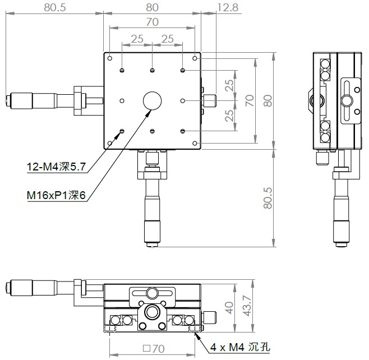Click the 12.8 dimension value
click(x=228, y=7)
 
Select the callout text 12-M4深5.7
click(x=56, y=167)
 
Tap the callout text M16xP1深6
click(x=56, y=195)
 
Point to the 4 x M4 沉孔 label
click(x=240, y=347)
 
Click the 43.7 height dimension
click(x=247, y=306)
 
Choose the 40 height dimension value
click(x=229, y=308)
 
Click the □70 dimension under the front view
click(x=154, y=349)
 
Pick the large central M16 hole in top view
click(x=153, y=101)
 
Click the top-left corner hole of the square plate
click(x=110, y=58)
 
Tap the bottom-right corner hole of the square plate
click(x=195, y=144)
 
